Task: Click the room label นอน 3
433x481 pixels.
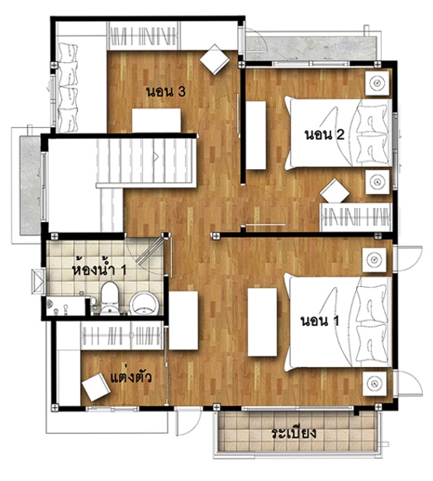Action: coord(166,92)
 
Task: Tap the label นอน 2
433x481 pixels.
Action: coord(324,135)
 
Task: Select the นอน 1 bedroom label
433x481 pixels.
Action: coord(320,321)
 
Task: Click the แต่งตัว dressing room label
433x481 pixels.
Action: coord(131,377)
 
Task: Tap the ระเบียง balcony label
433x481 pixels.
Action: coord(294,433)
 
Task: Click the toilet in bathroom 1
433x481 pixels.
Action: coord(110,299)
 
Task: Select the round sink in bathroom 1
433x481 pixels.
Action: coord(144,303)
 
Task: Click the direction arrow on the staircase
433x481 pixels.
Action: coord(155,157)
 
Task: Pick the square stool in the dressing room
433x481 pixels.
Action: coord(96,387)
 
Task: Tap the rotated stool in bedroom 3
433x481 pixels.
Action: coord(215,60)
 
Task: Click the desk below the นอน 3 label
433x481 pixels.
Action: coord(156,120)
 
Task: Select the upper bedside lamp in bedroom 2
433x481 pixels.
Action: coord(377,83)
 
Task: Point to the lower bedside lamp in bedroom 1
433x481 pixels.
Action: coord(374,383)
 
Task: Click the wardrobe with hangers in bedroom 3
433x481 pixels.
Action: coord(143,36)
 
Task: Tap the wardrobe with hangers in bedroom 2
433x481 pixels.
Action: coord(355,217)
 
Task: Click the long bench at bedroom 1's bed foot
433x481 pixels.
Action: coord(262,322)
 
